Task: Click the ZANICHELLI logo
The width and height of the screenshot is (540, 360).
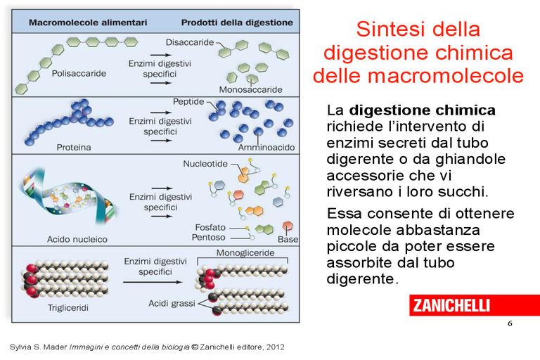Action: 474,305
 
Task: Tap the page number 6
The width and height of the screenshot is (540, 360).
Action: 510,323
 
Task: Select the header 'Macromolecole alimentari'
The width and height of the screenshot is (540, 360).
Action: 88,22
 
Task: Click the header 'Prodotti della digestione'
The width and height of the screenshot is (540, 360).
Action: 237,22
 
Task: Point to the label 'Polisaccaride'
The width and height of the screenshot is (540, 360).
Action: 79,73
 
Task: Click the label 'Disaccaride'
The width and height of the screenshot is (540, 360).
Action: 190,42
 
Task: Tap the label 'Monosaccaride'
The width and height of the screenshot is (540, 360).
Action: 251,89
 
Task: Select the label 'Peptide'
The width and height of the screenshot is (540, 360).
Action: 188,102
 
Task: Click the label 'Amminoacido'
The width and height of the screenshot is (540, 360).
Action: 266,148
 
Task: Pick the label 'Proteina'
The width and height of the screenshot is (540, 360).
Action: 74,148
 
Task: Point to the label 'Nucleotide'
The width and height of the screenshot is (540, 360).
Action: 205,164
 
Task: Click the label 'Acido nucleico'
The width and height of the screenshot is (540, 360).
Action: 77,239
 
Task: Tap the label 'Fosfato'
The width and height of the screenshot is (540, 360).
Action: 210,227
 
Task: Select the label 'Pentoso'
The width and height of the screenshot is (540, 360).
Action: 208,238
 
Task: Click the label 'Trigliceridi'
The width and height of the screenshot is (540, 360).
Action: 67,308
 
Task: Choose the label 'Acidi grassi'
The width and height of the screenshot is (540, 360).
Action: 172,304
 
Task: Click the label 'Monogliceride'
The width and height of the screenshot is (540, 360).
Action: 245,253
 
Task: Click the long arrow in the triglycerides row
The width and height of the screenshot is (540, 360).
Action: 153,282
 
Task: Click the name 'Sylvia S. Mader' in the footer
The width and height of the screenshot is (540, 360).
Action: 38,347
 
